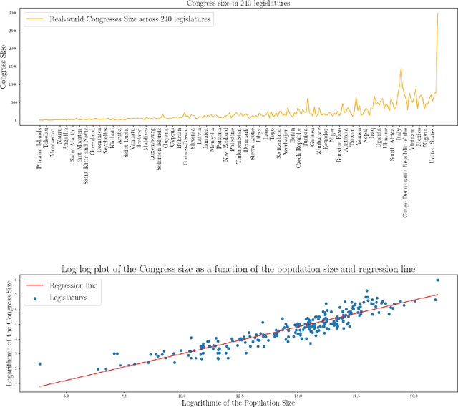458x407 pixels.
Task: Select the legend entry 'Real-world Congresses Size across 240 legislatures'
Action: click(130, 20)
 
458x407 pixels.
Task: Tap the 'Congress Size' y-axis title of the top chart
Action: click(6, 66)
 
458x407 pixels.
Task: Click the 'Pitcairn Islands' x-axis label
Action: click(39, 147)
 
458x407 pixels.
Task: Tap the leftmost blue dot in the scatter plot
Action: click(40, 363)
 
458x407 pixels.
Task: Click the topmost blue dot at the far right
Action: click(437, 280)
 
